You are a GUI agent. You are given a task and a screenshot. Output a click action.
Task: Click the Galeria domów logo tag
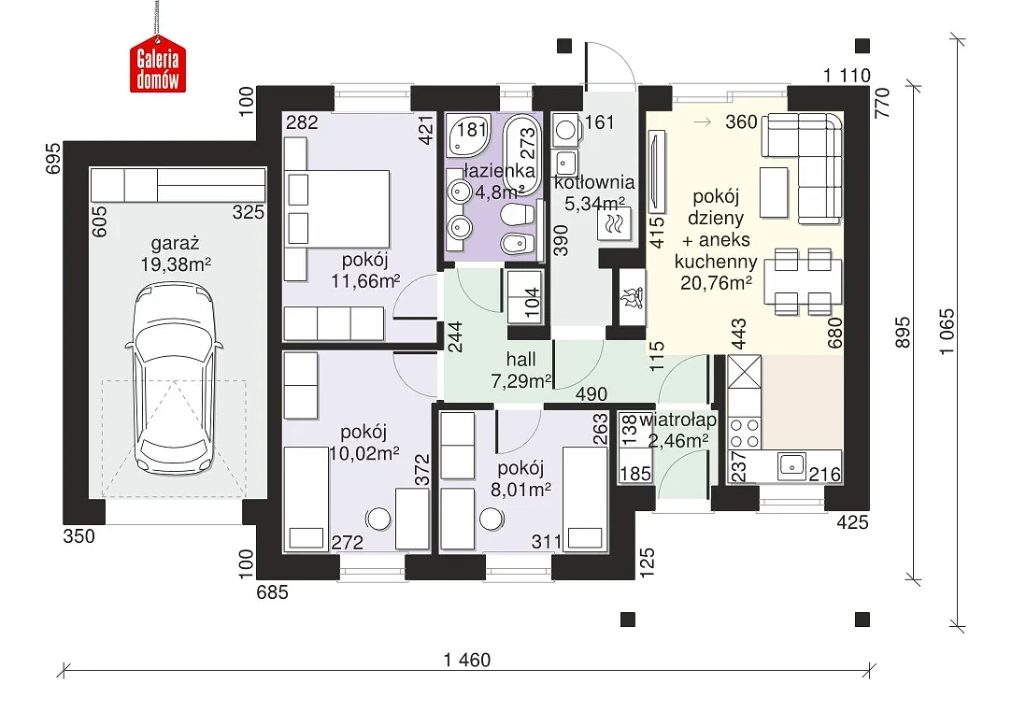click(158, 68)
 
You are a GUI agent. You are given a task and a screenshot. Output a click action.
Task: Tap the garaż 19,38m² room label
click(176, 254)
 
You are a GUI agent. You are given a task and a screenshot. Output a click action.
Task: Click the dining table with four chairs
click(803, 282)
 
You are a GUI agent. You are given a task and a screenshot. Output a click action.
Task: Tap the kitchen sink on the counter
click(791, 464)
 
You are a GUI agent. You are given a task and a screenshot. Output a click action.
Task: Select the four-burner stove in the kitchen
click(744, 434)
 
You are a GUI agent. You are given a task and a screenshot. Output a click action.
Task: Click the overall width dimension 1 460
click(467, 660)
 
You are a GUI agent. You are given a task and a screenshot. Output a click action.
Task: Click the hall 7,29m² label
click(520, 370)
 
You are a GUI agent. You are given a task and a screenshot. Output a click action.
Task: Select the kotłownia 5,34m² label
click(594, 192)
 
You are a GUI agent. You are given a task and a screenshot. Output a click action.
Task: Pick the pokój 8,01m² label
click(520, 478)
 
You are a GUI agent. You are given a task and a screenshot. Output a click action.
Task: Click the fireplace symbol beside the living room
click(632, 297)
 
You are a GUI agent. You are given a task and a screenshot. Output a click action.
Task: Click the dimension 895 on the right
click(904, 332)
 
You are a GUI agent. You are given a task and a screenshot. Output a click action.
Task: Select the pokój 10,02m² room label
click(364, 442)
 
